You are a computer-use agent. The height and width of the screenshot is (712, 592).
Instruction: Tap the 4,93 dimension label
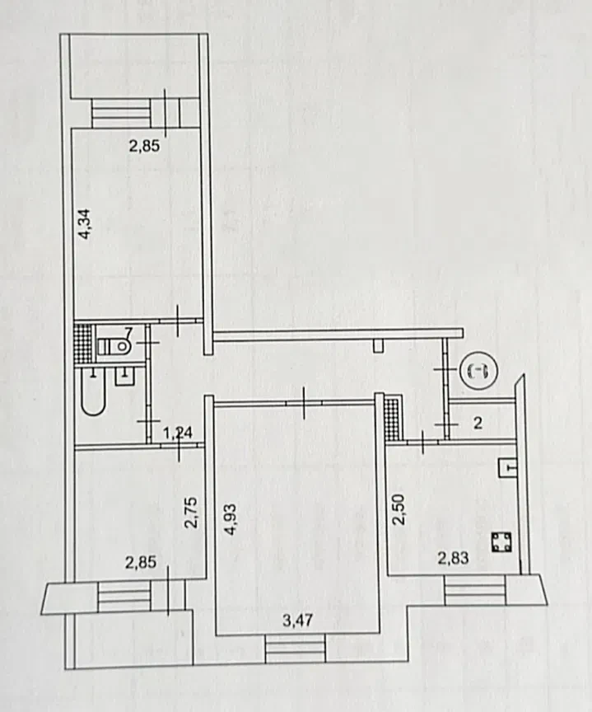[231, 519]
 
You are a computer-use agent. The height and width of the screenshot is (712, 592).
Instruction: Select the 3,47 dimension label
[297, 621]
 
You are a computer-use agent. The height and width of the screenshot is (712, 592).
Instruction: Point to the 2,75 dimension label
[191, 513]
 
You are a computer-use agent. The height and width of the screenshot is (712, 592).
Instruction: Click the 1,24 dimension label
[177, 433]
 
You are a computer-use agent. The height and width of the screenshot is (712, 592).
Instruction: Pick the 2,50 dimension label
[398, 509]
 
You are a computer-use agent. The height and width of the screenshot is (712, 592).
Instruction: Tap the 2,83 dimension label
[453, 558]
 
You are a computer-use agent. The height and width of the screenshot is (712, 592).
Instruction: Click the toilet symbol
[114, 348]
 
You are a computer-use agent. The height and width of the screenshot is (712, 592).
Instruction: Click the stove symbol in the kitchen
[501, 542]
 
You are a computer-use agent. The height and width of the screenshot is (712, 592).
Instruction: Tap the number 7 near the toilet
[128, 333]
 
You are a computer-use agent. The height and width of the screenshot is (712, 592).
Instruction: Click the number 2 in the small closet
[478, 424]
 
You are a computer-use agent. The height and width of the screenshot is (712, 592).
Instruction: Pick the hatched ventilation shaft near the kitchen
[394, 417]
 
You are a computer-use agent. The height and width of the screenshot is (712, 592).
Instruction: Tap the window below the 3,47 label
[296, 648]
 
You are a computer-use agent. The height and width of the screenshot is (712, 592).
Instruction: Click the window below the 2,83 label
[475, 590]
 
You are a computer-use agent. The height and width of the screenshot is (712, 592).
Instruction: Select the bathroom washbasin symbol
[125, 376]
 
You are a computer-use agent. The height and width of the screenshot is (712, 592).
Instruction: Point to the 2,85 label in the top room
[144, 146]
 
